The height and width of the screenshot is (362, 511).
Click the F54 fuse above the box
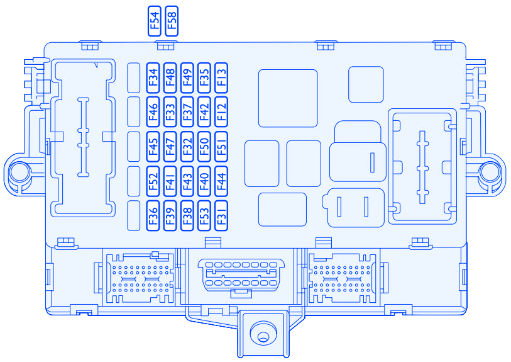click(x=155, y=21)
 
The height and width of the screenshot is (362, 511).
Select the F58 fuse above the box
click(x=172, y=21)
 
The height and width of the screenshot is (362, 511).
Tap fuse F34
click(x=153, y=78)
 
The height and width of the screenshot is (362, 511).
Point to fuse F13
click(x=221, y=78)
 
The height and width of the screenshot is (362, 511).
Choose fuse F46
click(x=153, y=112)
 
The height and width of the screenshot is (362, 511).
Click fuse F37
click(x=187, y=112)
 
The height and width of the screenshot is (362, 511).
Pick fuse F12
click(x=221, y=112)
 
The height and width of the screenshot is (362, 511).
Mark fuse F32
click(x=187, y=147)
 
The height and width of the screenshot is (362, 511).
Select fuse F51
click(x=221, y=147)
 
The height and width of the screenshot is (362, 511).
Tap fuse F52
click(x=153, y=181)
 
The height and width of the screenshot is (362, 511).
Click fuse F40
click(x=204, y=181)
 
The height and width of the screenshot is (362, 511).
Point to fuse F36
click(x=153, y=216)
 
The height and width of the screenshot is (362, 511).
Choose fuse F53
click(x=204, y=216)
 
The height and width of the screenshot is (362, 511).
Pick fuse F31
click(x=221, y=216)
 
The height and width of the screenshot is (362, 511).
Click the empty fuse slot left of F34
click(x=134, y=78)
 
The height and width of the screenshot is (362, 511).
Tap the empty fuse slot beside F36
click(x=134, y=216)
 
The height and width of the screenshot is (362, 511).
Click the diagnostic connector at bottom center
click(x=241, y=274)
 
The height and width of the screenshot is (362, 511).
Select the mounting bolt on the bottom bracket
click(x=263, y=334)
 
